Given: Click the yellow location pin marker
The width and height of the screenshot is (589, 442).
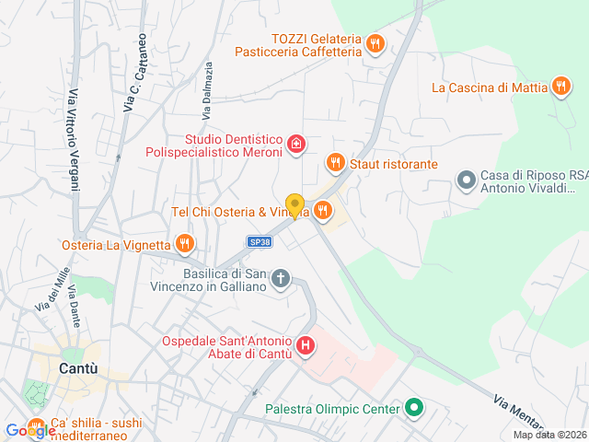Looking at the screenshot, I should (x=294, y=205).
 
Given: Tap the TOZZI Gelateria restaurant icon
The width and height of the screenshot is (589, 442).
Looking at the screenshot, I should (x=375, y=43).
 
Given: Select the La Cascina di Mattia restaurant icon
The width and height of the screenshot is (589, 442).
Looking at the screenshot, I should (x=560, y=87).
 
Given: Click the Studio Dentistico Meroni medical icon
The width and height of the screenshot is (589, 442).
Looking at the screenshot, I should (x=295, y=143).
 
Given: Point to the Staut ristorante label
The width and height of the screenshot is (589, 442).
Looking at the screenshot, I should (x=394, y=164).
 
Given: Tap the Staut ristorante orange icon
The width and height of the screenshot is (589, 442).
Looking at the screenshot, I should (x=335, y=163).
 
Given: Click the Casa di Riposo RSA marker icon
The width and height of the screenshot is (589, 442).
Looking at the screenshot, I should (x=467, y=179).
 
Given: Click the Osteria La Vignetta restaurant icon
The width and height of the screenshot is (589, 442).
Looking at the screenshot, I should (x=185, y=244).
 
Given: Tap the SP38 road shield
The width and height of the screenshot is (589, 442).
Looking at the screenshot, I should (x=260, y=242).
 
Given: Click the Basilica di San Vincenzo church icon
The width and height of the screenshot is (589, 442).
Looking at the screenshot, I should (x=282, y=278).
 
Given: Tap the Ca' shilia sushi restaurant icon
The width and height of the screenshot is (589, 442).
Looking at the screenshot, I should (x=37, y=428).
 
